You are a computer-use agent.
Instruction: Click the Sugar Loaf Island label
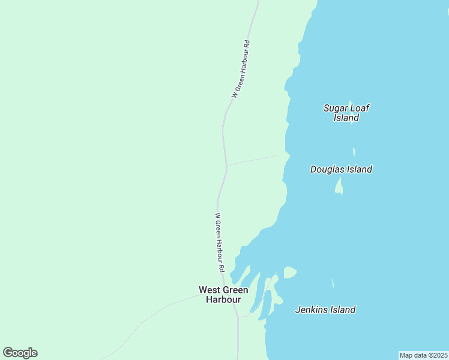tap(346, 113)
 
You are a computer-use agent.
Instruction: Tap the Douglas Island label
tap(341, 169)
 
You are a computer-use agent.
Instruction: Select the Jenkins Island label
tap(325, 310)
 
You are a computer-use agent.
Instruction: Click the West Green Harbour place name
tap(223, 295)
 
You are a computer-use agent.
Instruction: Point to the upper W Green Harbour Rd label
tap(240, 69)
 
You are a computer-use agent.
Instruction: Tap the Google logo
tap(20, 353)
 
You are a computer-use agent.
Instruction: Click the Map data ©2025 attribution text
tap(424, 355)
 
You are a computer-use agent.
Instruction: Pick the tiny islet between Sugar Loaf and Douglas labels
tap(354, 152)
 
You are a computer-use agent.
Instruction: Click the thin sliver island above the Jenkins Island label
tap(333, 283)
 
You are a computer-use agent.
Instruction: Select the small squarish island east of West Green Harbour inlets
tap(289, 273)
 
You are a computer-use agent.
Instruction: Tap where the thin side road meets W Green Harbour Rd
tap(226, 165)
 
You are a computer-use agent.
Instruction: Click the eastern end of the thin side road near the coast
tap(276, 155)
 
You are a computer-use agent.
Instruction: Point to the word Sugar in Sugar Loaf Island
tap(335, 108)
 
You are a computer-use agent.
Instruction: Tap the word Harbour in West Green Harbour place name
tap(223, 299)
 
